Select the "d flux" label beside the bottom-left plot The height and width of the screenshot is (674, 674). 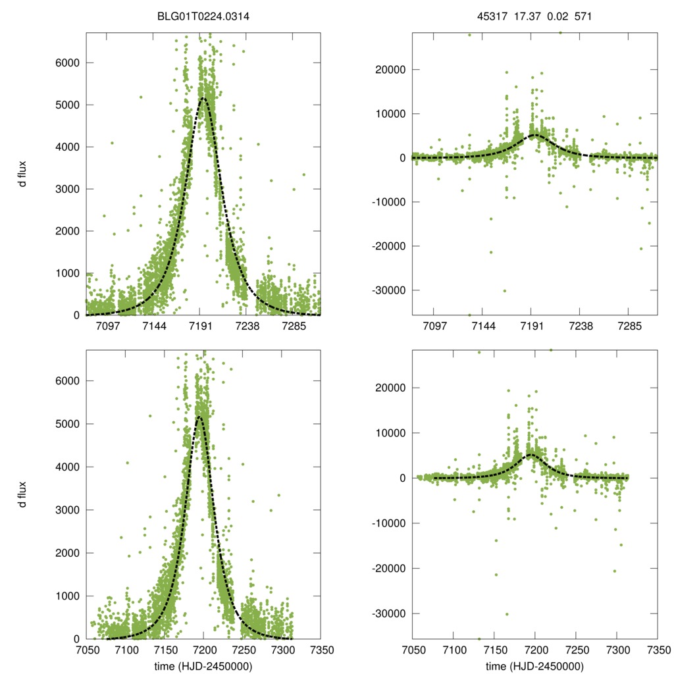[x=22, y=494]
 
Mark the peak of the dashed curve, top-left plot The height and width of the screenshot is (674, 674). [x=203, y=99]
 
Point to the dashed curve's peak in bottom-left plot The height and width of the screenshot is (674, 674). [x=199, y=417]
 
